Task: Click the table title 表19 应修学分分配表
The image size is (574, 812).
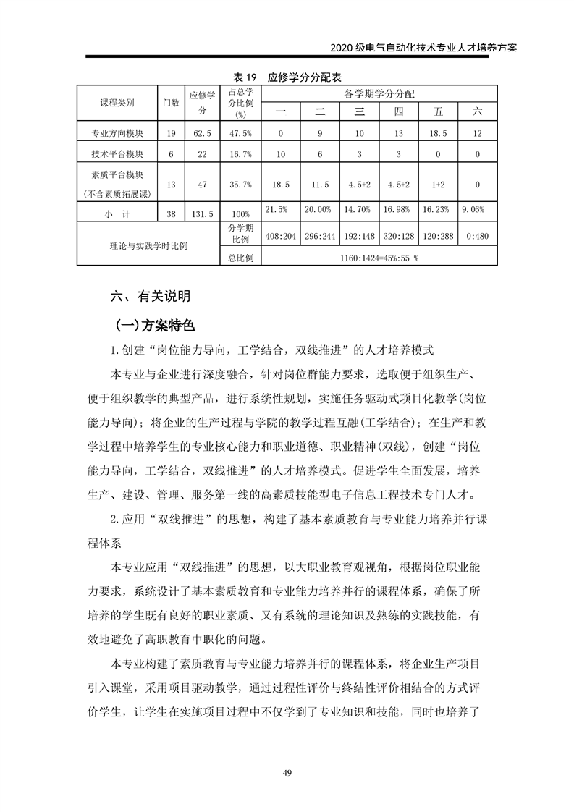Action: click(288, 77)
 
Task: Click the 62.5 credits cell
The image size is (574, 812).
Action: click(203, 133)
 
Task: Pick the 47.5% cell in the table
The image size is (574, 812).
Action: click(240, 133)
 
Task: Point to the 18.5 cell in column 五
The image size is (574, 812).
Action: click(439, 133)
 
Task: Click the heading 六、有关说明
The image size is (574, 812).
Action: click(151, 296)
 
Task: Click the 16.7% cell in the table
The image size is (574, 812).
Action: click(240, 154)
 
